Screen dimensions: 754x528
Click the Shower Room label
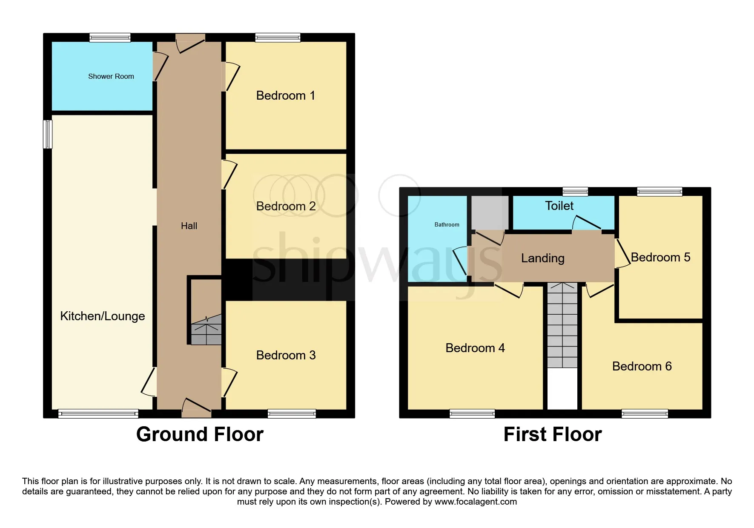111,77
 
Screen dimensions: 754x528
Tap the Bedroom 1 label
286,95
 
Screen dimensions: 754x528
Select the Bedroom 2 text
286,206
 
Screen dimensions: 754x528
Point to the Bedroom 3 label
286,355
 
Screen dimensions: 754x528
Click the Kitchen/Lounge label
103,316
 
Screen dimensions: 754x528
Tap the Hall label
189,226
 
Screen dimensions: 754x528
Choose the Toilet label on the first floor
559,206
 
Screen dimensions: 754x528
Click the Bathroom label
447,224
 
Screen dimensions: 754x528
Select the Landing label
543,258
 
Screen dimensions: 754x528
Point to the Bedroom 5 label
660,257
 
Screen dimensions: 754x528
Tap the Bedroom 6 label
642,366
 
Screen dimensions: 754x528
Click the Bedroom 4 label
475,348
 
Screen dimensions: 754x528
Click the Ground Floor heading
200,434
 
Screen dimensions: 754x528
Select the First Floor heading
553,434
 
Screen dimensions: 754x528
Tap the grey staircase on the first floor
562,325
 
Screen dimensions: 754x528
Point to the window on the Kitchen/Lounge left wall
48,134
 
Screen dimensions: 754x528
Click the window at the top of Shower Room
110,37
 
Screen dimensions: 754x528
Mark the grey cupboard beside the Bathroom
490,212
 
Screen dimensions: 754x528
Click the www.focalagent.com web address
476,502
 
